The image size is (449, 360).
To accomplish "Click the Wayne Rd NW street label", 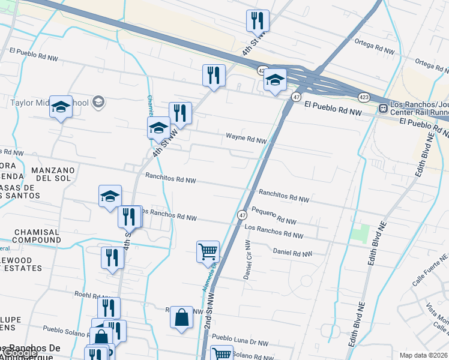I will (x=246, y=139).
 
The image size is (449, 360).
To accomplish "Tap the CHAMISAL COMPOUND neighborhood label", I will (x=37, y=236).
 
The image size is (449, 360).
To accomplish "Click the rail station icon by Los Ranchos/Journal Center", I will (x=382, y=109).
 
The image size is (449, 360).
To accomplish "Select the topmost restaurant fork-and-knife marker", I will (x=258, y=20).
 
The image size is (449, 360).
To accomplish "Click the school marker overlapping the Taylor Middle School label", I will (x=61, y=106).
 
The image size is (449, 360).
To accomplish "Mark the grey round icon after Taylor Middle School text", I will (x=98, y=103).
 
